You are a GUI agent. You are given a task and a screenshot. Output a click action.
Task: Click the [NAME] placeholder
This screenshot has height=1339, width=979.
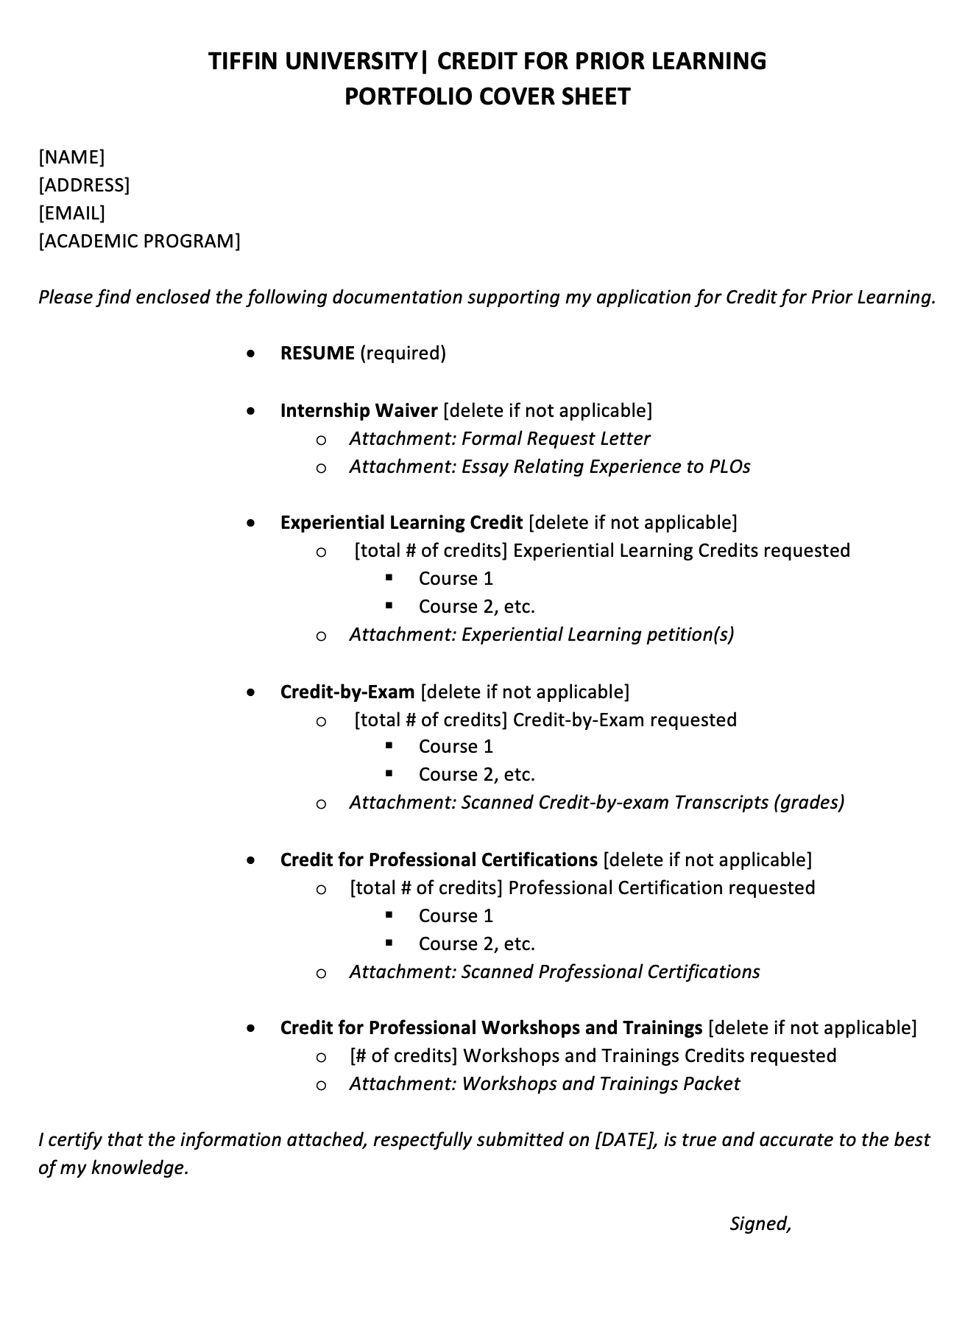pos(71,157)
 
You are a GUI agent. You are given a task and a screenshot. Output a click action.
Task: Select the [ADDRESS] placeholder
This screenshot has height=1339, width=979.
pos(84,185)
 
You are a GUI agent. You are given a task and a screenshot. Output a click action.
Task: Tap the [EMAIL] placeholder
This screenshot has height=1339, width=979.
pos(71,213)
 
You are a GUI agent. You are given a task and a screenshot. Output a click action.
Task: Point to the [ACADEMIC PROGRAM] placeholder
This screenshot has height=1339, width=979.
pos(139,241)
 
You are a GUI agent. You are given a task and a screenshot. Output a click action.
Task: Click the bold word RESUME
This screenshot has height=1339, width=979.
pos(317,354)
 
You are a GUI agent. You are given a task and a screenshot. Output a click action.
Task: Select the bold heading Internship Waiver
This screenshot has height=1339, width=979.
pos(358,410)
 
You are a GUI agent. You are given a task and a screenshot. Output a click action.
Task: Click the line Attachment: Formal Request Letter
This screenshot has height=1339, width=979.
pos(500,439)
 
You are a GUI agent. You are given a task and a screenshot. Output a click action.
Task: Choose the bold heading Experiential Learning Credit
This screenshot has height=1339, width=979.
pos(401,523)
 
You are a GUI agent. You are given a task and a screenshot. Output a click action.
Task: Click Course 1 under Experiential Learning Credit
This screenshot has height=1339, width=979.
pos(456,579)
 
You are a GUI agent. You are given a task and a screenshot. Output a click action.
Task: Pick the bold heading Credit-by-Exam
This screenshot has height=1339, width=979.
pos(347,692)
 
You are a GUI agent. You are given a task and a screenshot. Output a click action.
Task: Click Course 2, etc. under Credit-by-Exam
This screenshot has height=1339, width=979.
pos(476,775)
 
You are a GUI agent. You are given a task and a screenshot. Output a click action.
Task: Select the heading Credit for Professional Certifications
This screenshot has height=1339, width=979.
pos(439,860)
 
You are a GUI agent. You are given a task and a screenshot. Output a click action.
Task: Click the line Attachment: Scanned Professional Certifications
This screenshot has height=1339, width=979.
pos(554,972)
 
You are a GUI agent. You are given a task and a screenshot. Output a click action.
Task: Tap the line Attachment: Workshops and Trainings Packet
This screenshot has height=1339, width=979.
pos(545,1084)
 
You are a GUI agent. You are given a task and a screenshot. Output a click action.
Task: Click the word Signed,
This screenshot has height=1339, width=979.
pos(760,1224)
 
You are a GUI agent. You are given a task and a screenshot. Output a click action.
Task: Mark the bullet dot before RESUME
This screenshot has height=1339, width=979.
pos(252,354)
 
